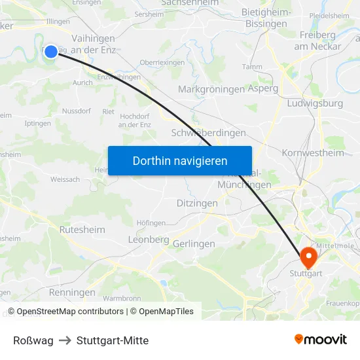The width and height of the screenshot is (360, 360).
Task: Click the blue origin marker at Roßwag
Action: click(x=51, y=51)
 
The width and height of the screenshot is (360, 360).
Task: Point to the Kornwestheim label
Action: click(x=312, y=153)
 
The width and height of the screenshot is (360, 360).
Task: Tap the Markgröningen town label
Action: click(x=211, y=90)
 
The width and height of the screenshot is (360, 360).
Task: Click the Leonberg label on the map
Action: click(x=149, y=240)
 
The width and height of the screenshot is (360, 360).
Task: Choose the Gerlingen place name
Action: click(x=194, y=243)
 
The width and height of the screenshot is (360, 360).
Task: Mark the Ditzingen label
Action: click(x=197, y=204)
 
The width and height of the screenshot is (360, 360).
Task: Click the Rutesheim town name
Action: click(x=82, y=230)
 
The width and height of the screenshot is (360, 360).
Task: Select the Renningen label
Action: click(x=71, y=293)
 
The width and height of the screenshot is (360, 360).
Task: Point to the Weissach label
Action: click(x=65, y=179)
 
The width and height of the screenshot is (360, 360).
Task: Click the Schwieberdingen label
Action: click(x=208, y=133)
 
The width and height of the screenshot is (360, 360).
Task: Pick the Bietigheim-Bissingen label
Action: click(x=266, y=18)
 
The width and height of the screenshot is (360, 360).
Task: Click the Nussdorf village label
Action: click(x=76, y=111)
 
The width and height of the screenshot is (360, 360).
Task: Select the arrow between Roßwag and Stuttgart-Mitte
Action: click(x=65, y=340)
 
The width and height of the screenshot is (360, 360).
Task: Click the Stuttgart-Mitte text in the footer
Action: click(x=113, y=340)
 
